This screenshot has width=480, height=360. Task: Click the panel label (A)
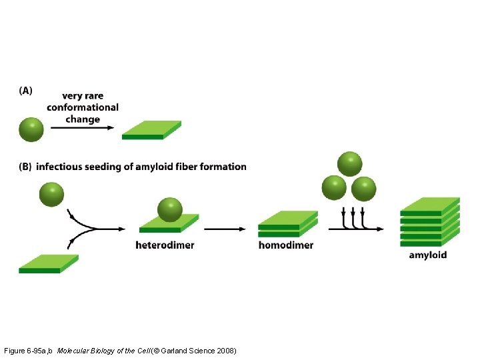pos(25,91)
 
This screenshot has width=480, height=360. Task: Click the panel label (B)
pos(25,167)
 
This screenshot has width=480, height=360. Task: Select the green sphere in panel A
pos(31,129)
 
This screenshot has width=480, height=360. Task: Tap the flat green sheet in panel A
pos(151,130)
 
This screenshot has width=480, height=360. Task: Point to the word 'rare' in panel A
pos(93,96)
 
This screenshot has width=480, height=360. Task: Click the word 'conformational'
pos(83,107)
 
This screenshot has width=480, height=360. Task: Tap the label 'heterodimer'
pos(165,245)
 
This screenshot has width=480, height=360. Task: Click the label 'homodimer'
pos(285,245)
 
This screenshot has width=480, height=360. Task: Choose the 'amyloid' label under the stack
pos(427,255)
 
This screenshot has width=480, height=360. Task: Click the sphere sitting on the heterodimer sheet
pos(170,209)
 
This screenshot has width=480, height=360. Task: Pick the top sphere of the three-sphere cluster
pos(349,163)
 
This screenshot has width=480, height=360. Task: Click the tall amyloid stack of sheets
pos(429,221)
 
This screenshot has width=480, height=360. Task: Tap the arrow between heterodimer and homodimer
pos(227,229)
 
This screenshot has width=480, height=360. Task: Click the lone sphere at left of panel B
pos(51,194)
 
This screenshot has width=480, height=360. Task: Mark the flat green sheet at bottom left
pos(48,264)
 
